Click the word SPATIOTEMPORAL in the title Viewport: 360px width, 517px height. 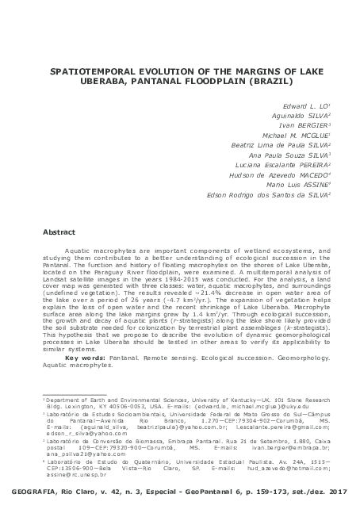point(89,71)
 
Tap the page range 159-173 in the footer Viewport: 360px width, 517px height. point(274,493)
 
